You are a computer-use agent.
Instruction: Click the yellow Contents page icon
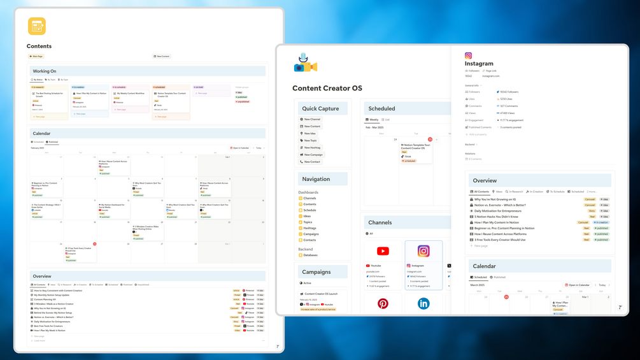37,26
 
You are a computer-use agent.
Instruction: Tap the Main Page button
36,56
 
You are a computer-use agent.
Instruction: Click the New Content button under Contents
162,56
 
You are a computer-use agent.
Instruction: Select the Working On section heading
45,71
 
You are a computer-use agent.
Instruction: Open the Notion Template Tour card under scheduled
171,94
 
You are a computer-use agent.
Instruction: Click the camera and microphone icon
305,63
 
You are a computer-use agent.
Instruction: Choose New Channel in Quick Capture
312,119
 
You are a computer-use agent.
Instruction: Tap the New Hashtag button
312,147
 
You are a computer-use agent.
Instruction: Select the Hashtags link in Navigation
309,228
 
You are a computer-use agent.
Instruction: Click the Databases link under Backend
310,255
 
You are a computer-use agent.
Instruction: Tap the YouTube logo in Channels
383,251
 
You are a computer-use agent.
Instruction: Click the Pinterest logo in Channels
383,304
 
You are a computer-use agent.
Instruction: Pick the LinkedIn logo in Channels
423,304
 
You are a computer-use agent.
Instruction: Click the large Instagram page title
479,64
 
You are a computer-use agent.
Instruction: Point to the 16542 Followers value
509,92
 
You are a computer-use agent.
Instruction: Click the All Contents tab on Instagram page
480,192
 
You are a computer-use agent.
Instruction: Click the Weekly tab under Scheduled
373,120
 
